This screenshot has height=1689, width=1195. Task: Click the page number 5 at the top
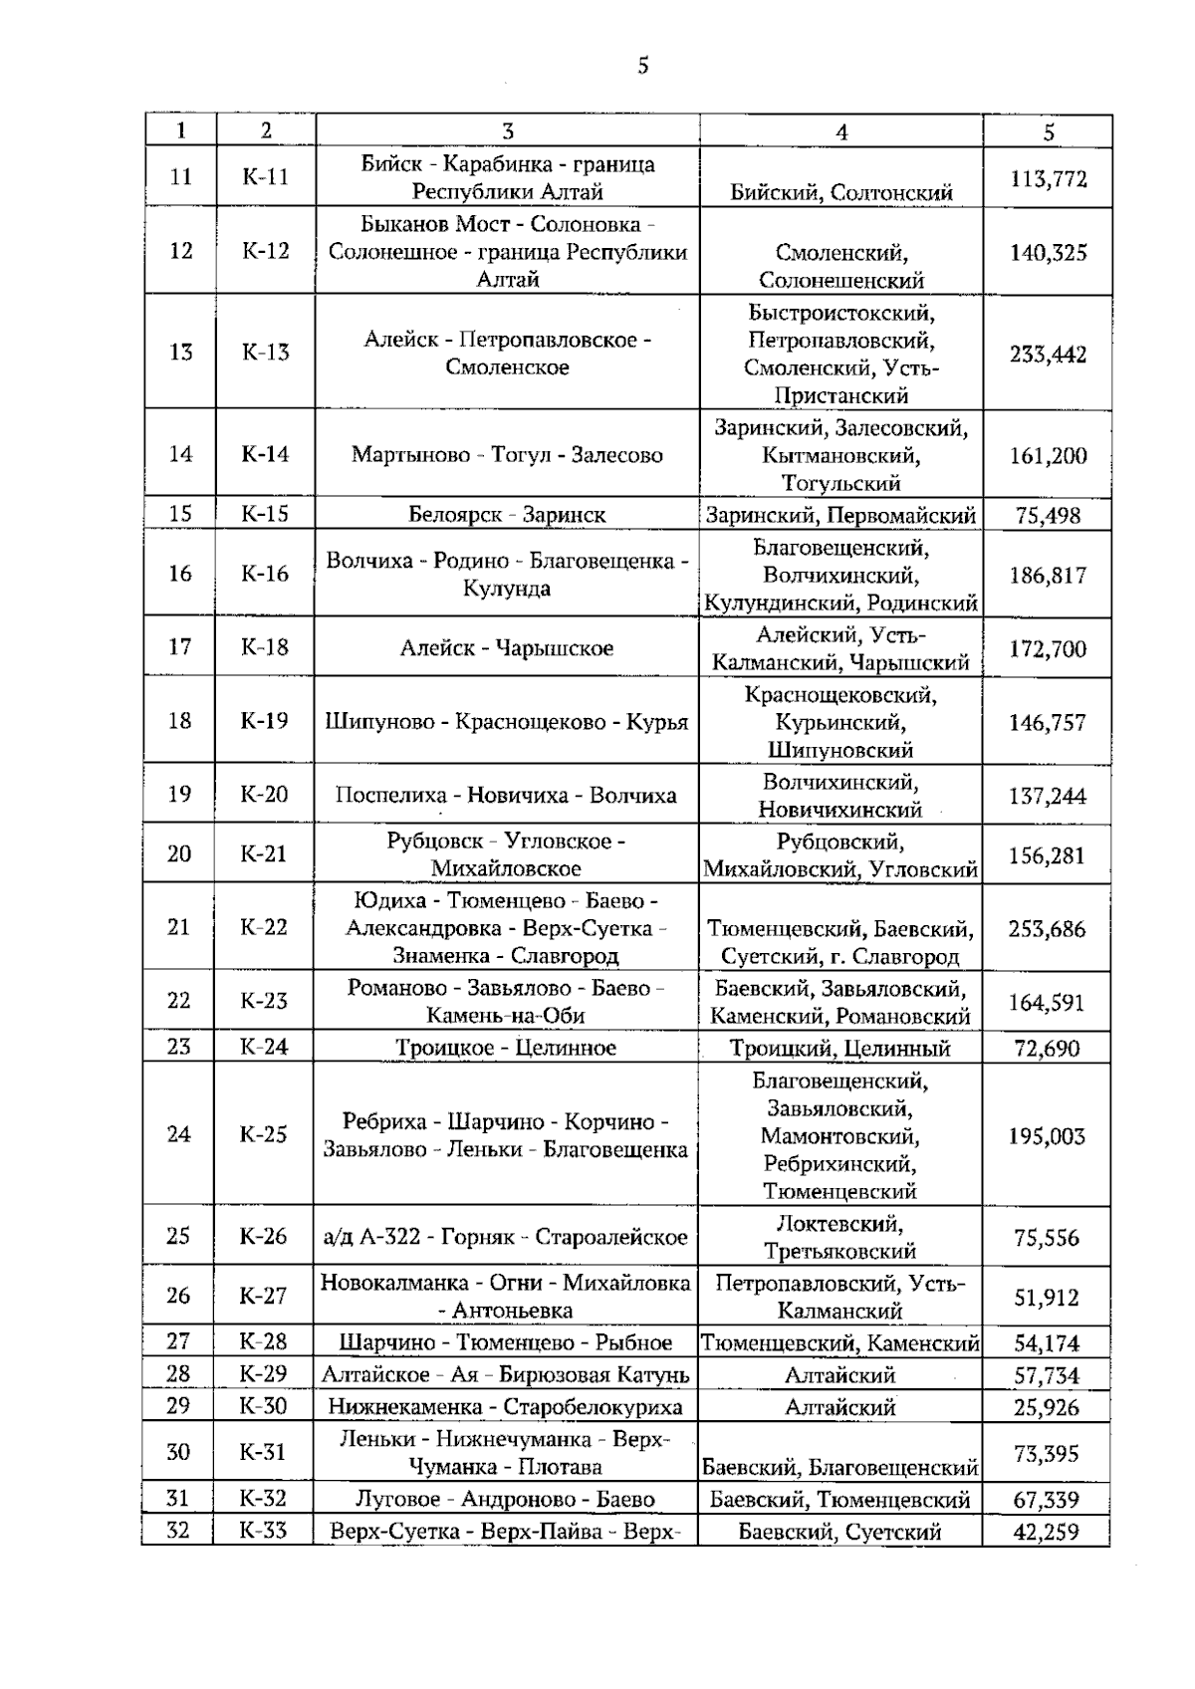tap(642, 67)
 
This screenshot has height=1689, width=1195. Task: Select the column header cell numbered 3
tap(508, 131)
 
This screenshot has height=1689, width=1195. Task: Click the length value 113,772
tap(1048, 179)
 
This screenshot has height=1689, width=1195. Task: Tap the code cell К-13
tap(265, 352)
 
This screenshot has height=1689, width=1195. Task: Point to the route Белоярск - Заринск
tap(507, 515)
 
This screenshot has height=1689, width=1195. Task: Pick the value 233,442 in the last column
tap(1048, 355)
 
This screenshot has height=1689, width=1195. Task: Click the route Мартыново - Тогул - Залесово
tap(507, 455)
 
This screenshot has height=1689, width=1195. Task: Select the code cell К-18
tap(265, 647)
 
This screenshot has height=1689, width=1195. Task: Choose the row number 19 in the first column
tap(179, 795)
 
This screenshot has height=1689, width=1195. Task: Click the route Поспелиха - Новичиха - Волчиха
tap(506, 795)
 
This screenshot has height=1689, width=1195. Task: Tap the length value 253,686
tap(1047, 929)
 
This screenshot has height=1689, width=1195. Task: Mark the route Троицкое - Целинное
tap(506, 1048)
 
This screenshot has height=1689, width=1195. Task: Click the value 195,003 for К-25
tap(1047, 1136)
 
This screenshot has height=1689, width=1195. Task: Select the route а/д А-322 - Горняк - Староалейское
tap(505, 1237)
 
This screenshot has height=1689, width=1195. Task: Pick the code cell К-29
tap(264, 1374)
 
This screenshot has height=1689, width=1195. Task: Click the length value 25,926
tap(1047, 1408)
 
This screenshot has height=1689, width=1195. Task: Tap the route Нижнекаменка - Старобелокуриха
tap(505, 1407)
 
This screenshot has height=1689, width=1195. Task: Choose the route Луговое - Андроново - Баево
tap(505, 1499)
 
